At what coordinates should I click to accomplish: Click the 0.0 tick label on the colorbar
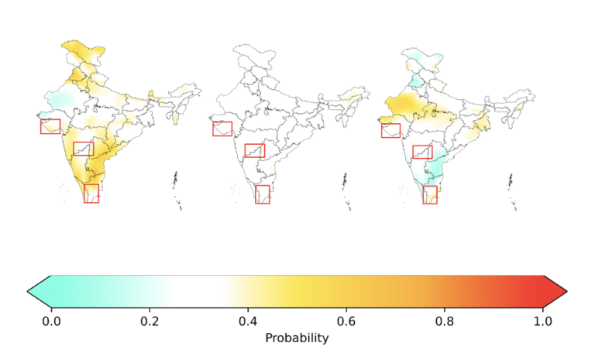[x=51, y=321]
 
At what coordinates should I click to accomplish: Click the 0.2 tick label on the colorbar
[x=150, y=321]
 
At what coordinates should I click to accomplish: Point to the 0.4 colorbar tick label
[x=248, y=321]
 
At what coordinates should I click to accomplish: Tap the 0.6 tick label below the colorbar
[x=346, y=321]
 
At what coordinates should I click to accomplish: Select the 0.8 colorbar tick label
[x=445, y=321]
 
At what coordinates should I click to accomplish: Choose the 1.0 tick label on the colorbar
[x=542, y=321]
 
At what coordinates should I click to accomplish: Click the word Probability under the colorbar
[x=297, y=338]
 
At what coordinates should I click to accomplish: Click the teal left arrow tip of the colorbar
[x=28, y=291]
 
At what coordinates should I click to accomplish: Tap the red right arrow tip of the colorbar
[x=566, y=291]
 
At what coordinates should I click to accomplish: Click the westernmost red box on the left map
[x=40, y=126]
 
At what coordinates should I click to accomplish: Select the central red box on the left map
[x=74, y=149]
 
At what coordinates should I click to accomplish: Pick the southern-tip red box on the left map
[x=84, y=194]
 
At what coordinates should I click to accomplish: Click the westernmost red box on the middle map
[x=213, y=129]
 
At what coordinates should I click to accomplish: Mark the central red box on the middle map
[x=245, y=151]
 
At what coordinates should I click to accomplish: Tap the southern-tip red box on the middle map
[x=256, y=194]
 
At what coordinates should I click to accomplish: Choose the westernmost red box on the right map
[x=382, y=131]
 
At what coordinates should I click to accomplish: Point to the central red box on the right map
[x=413, y=152]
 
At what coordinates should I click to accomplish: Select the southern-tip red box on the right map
[x=423, y=194]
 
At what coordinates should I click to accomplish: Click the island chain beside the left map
[x=177, y=190]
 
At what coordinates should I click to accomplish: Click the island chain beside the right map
[x=513, y=192]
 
